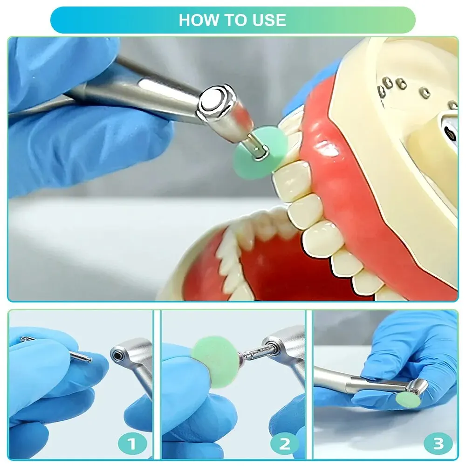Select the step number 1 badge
[132, 444]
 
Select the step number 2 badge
[284, 444]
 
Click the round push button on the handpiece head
[212, 101]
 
